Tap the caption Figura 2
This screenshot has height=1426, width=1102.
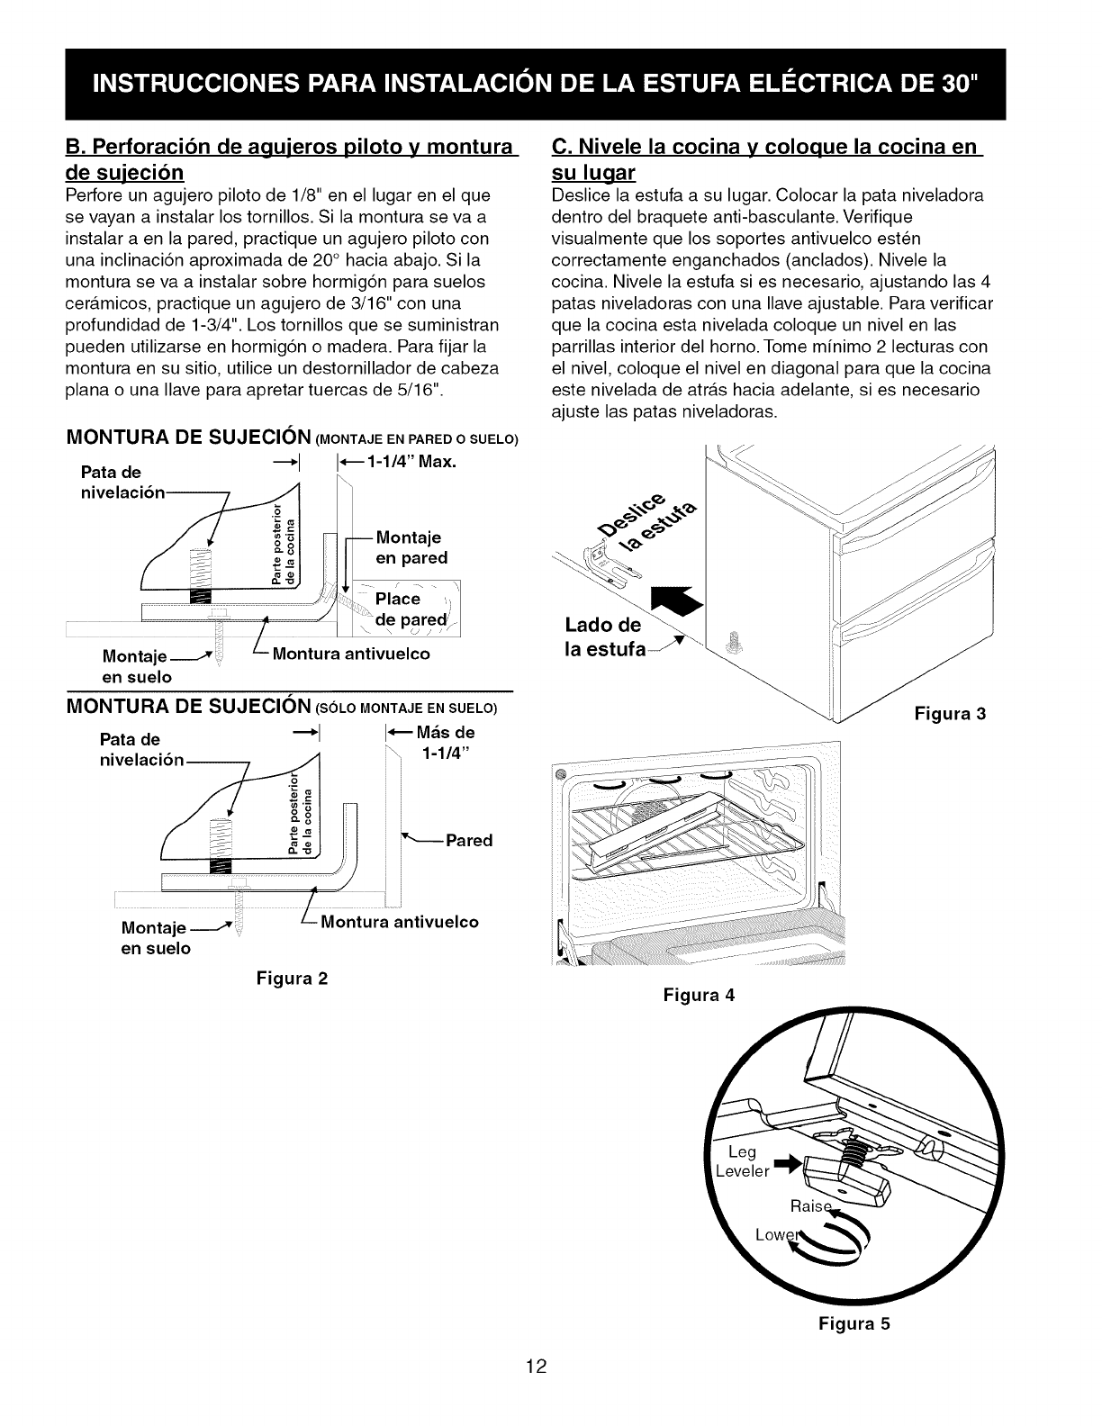pos(293,977)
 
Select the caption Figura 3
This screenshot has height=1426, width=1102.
pos(951,714)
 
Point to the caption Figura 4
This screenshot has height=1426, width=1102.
pos(699,995)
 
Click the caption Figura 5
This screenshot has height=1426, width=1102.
pos(854,1322)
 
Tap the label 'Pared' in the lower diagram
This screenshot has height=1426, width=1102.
pos(469,840)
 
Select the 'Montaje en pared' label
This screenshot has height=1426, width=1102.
pos(411,547)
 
